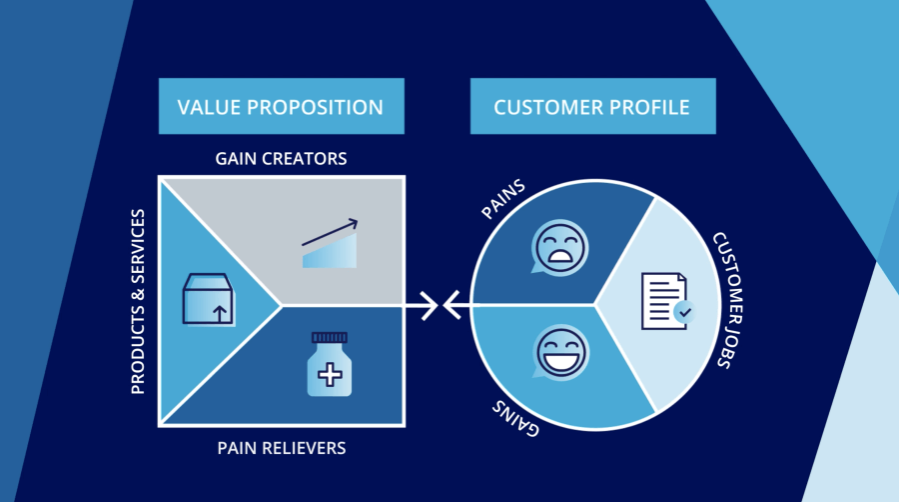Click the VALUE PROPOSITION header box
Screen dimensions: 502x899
coord(281,106)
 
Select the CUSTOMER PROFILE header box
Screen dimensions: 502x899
coord(592,106)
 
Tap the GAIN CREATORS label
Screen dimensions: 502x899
coord(281,159)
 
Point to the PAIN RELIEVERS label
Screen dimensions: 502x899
coord(281,447)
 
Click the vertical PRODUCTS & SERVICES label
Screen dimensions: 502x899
coord(139,301)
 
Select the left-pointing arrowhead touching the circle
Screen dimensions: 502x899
coord(452,303)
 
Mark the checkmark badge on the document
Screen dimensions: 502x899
coord(682,313)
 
